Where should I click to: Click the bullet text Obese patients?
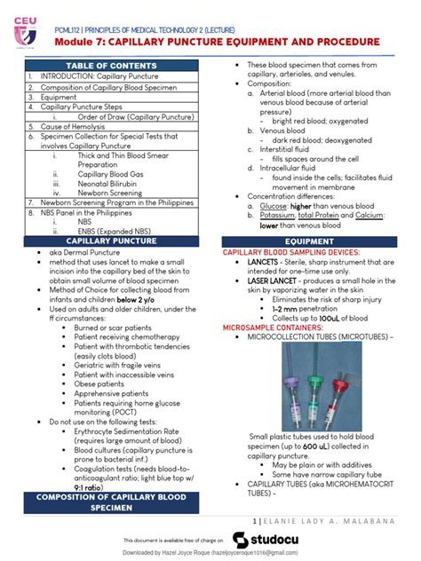tap(101, 359)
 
